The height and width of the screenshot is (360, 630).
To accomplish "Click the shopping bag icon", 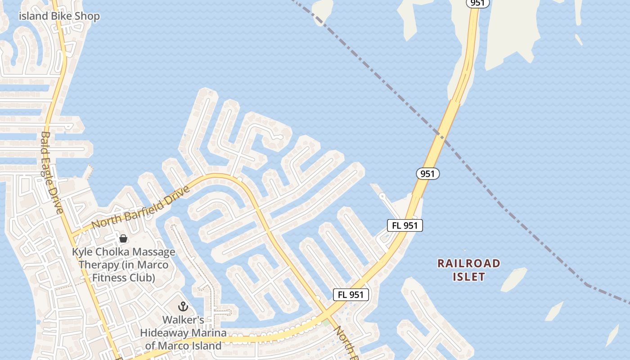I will (x=123, y=238).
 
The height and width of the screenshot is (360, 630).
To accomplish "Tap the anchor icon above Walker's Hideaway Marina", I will (x=183, y=306).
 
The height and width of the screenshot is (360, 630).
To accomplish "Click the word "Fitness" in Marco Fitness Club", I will (x=108, y=277).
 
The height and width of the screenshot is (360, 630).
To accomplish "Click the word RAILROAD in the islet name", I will (x=468, y=263).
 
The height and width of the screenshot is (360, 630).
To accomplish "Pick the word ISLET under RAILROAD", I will (x=468, y=277).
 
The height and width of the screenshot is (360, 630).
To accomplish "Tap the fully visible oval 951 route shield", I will (x=427, y=174).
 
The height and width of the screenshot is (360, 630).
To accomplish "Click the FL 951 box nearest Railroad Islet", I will (x=405, y=225).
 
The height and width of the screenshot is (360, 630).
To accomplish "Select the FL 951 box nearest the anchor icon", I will (x=351, y=295).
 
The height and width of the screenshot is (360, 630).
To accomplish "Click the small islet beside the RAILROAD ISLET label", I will (x=513, y=279).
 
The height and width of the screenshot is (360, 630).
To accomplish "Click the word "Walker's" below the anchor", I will (x=183, y=320).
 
